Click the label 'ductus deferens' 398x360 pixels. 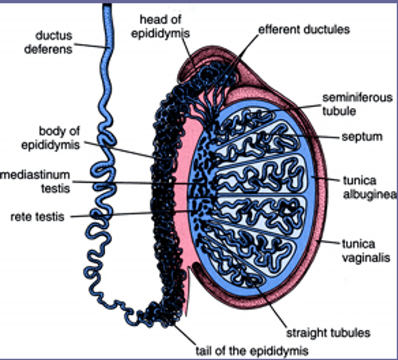(x=49, y=42)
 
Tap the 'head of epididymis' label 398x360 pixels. (x=161, y=26)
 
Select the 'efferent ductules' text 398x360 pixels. (x=304, y=30)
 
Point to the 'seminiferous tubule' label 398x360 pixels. (x=358, y=104)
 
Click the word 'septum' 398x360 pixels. (x=362, y=137)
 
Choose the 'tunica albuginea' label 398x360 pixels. (x=369, y=187)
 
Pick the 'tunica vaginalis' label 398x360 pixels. (x=366, y=251)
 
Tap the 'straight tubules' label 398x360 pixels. (x=329, y=332)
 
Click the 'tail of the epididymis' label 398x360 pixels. (x=252, y=351)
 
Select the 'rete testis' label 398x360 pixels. (x=37, y=217)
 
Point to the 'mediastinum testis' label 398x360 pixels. (x=36, y=181)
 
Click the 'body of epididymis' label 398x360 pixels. (x=51, y=138)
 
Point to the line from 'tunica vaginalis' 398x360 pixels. (x=329, y=242)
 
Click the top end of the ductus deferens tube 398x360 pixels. (x=107, y=5)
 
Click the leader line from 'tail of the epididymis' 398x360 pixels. (x=185, y=334)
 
